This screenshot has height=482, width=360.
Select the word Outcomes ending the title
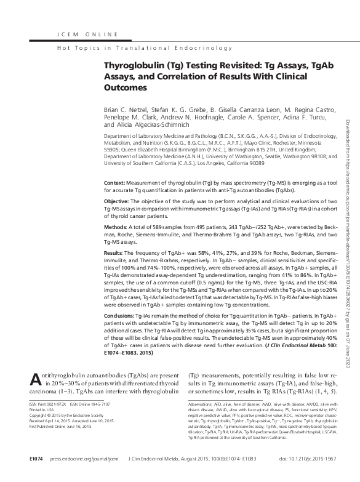coord(126,87)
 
